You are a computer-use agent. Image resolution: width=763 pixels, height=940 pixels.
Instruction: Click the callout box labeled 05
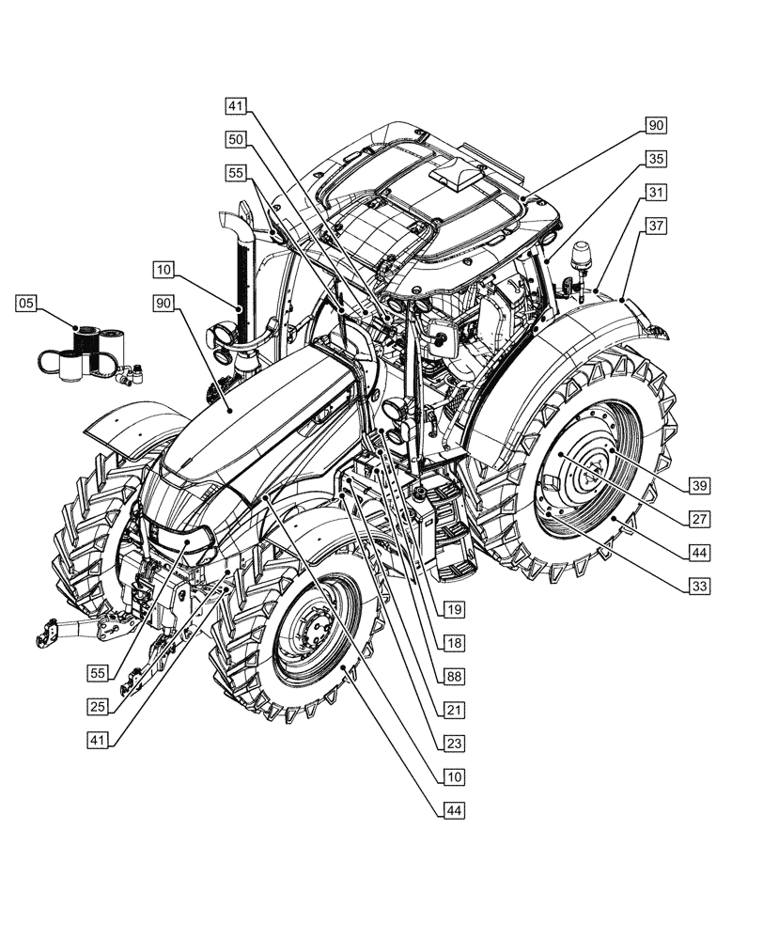click(27, 303)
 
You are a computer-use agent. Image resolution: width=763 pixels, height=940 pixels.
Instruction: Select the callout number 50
click(237, 138)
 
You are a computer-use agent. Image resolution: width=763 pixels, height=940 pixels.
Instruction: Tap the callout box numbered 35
click(656, 158)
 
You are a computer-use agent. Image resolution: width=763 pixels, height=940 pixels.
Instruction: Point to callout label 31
click(656, 192)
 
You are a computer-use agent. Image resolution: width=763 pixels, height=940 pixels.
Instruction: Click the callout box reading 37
click(656, 226)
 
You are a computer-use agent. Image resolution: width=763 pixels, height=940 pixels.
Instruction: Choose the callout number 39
click(698, 485)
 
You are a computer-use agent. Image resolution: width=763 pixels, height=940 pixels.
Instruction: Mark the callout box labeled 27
click(698, 518)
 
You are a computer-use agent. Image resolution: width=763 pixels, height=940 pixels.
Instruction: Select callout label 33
click(698, 585)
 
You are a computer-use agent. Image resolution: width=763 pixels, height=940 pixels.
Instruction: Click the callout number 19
click(454, 610)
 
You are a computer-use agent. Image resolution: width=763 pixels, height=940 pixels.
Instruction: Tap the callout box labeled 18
click(454, 643)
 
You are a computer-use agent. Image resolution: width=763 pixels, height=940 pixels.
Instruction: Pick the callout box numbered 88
click(454, 676)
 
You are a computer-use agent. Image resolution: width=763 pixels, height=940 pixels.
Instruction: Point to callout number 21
click(454, 710)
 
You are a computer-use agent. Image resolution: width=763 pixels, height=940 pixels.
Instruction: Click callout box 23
click(454, 743)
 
